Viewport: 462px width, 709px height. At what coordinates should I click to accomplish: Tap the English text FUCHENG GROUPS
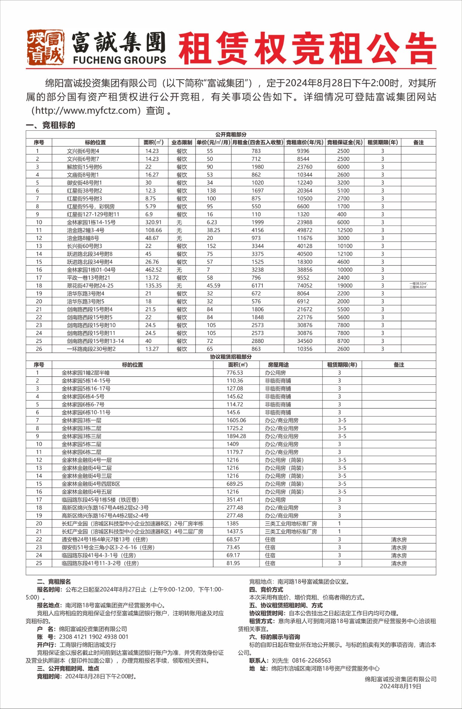click(120, 60)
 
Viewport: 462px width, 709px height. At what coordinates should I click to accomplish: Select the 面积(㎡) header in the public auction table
click(154, 143)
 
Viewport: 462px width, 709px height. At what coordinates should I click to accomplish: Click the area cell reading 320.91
click(154, 222)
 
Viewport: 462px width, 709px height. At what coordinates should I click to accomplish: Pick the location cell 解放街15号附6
click(85, 167)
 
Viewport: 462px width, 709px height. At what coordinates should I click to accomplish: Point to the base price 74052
click(305, 285)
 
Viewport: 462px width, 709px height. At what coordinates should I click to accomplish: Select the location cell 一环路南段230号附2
click(91, 349)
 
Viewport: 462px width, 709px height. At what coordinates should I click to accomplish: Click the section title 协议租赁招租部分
click(231, 357)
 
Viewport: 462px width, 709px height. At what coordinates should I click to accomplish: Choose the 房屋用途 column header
click(278, 365)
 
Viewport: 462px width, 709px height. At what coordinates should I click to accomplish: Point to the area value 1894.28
click(236, 436)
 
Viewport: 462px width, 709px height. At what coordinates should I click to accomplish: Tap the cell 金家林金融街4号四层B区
click(91, 484)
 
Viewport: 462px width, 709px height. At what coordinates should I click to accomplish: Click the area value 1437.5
click(235, 531)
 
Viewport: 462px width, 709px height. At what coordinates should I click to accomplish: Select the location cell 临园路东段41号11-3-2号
click(100, 563)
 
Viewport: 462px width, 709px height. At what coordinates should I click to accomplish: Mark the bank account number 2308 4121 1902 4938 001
click(94, 637)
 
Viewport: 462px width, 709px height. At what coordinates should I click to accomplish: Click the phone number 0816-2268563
click(311, 660)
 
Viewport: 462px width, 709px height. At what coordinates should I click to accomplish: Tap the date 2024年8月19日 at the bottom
click(400, 686)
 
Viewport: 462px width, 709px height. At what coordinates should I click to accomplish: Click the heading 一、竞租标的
click(51, 125)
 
